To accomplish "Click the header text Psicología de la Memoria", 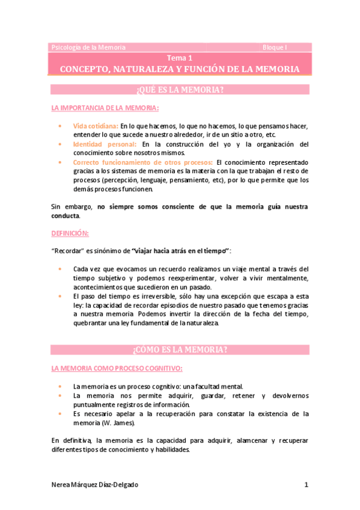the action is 88,47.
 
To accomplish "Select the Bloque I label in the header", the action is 275,47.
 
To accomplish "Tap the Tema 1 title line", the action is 180,58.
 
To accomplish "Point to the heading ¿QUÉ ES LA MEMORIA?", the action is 180,90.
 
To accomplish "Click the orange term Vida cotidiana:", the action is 95,126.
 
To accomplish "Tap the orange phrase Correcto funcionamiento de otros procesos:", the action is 142,162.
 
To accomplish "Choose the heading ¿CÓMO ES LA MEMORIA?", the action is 180,350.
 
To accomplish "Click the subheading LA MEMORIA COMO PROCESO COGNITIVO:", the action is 117,368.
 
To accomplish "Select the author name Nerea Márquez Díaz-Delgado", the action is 99,485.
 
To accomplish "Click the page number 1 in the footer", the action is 306,485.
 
